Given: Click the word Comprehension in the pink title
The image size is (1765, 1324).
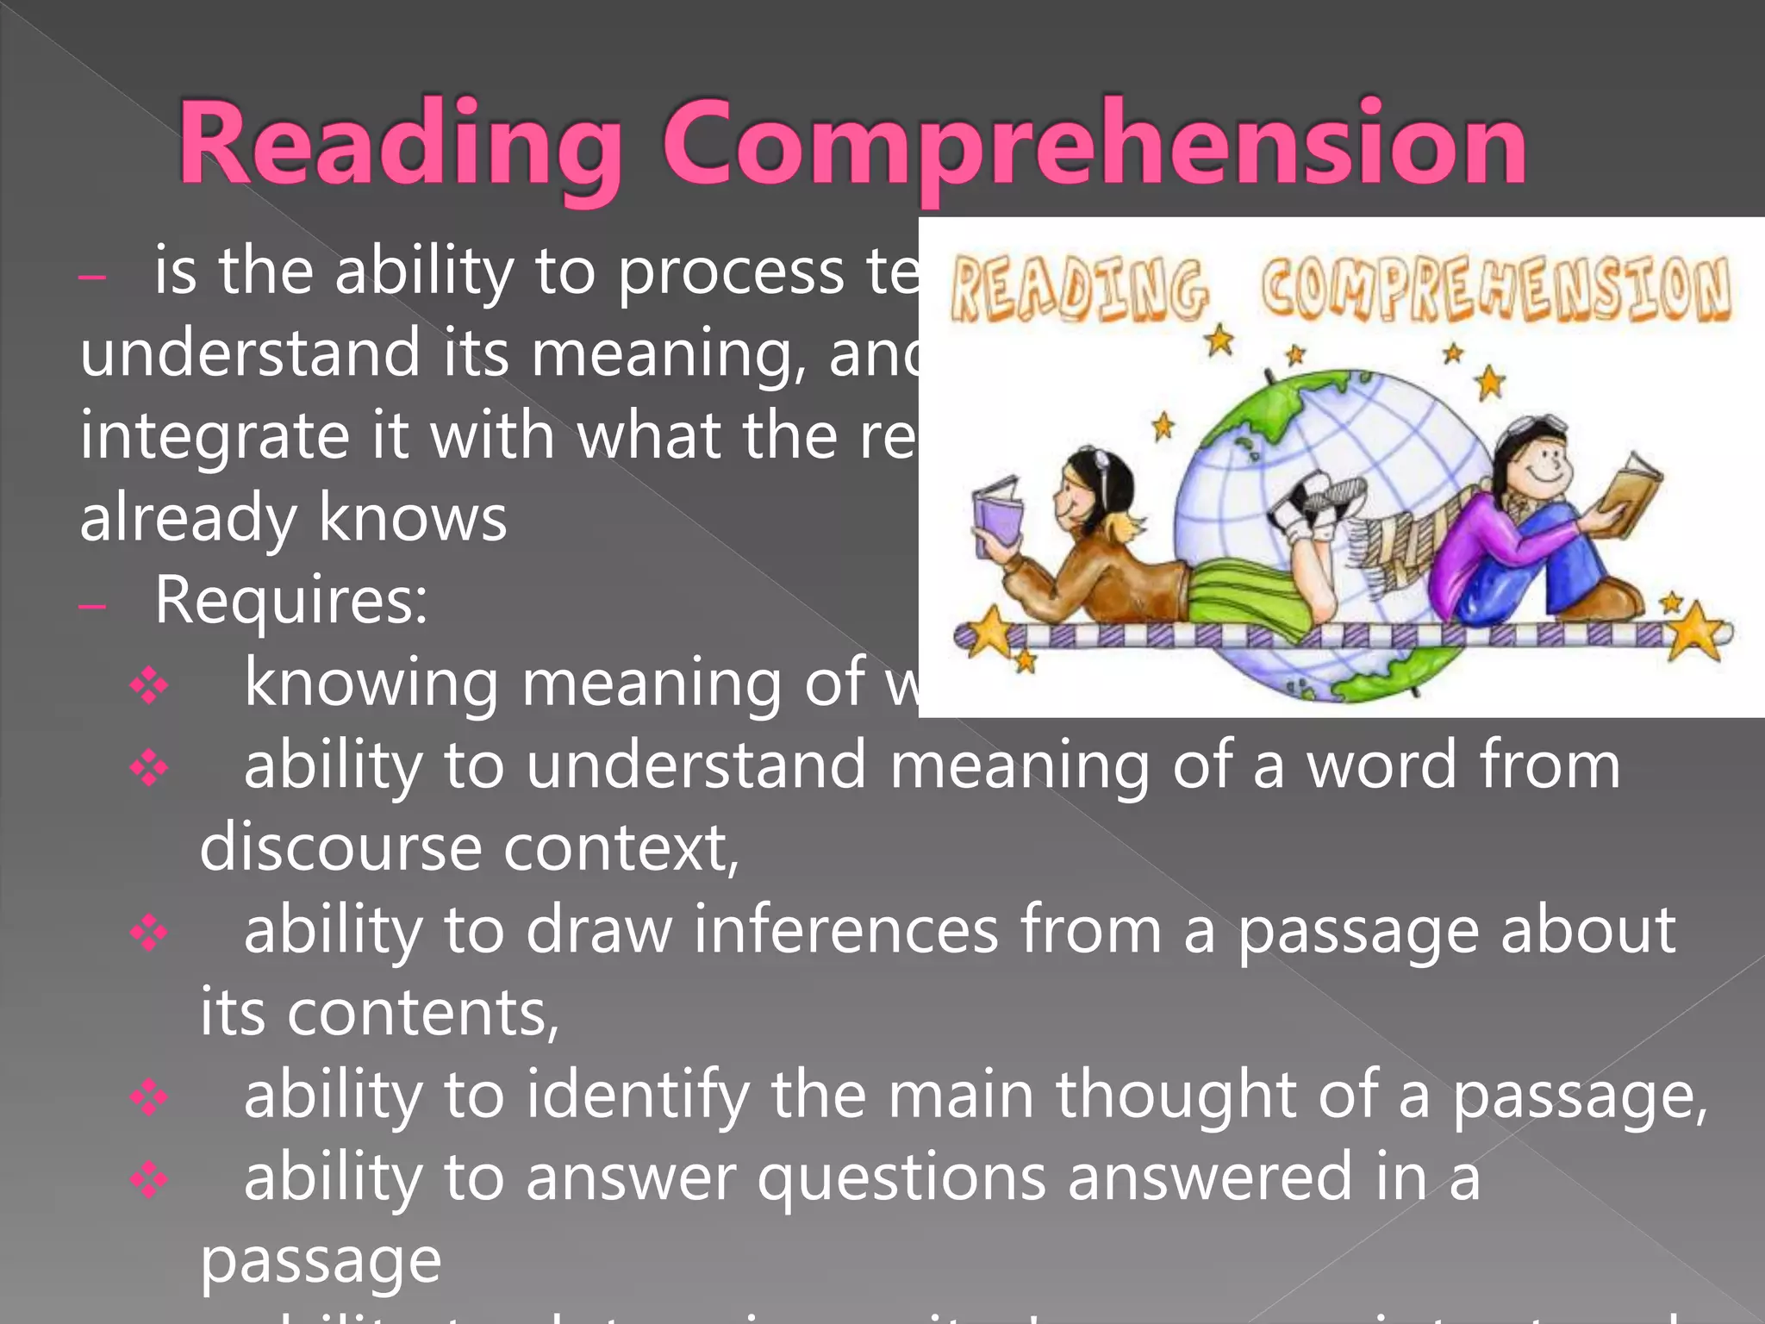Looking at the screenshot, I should pos(1095,145).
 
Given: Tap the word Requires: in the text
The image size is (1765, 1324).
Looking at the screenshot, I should pos(290,600).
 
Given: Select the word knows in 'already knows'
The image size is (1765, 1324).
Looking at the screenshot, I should pos(413,518).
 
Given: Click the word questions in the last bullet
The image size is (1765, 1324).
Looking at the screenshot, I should pos(901,1177).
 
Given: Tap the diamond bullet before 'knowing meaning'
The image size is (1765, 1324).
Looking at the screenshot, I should pos(149,686).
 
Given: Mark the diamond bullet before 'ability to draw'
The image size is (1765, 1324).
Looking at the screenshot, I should pos(149,934).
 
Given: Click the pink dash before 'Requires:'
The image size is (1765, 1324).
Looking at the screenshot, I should pos(91,607).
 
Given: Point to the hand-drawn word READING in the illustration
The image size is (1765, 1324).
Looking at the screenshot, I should pos(1078,290).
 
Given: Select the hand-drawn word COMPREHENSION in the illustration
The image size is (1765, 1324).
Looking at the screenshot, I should pos(1495,288).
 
